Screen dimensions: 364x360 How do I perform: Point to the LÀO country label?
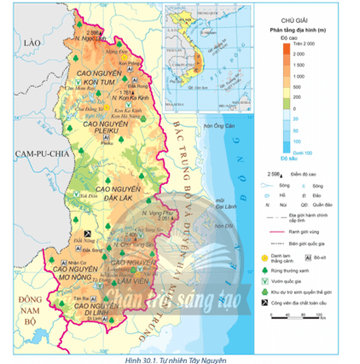(34, 42)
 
